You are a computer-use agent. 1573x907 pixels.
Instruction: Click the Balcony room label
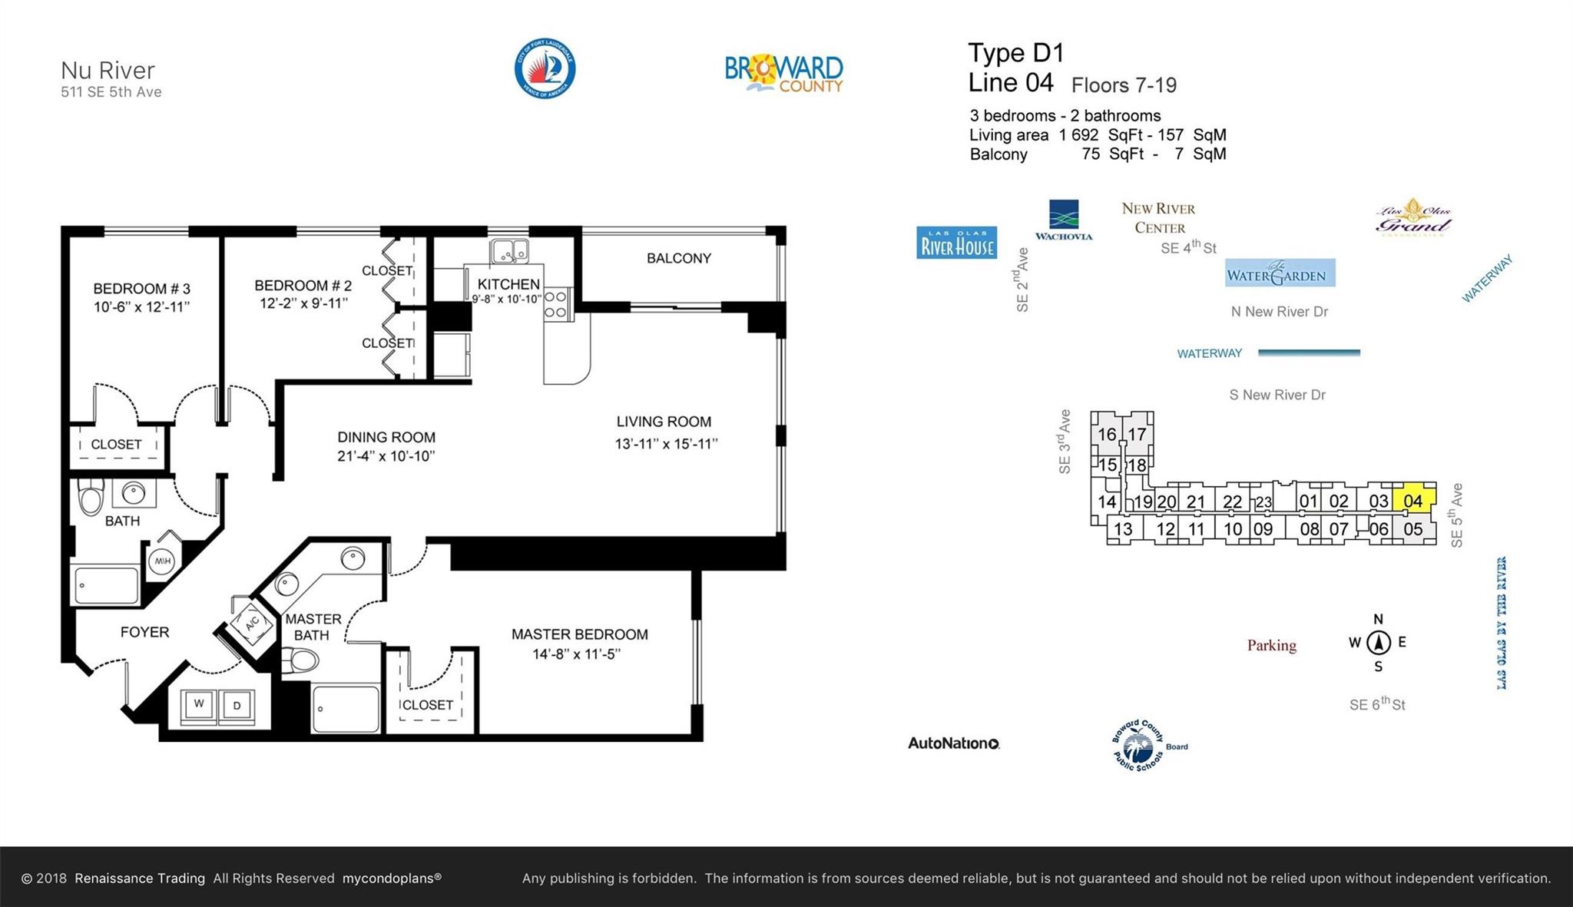tap(678, 259)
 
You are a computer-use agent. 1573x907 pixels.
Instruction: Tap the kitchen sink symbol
tap(509, 250)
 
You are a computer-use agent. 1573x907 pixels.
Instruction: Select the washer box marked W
tap(199, 703)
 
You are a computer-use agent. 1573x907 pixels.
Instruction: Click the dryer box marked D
tap(237, 705)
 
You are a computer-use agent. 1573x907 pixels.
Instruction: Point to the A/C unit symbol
tap(252, 622)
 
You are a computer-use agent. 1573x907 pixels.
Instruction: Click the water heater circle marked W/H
tap(163, 561)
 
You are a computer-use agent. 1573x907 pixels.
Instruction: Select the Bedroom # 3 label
tap(141, 289)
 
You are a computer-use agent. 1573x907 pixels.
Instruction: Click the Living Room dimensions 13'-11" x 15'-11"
tap(665, 444)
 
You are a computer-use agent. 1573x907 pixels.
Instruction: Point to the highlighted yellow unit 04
tap(1413, 500)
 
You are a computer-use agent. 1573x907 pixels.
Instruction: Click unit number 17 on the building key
tap(1137, 435)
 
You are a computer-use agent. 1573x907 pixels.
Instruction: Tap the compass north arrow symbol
tap(1378, 642)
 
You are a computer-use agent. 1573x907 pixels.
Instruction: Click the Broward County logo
tap(783, 73)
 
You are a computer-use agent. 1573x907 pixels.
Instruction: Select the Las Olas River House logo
tap(956, 243)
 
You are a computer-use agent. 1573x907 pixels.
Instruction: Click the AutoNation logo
tap(953, 743)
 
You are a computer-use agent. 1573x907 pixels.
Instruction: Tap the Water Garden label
tap(1280, 273)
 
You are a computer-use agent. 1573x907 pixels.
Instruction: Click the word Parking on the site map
tap(1271, 645)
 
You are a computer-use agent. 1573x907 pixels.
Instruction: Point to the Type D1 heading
tap(1015, 53)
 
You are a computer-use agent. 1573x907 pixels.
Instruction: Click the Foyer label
tap(144, 632)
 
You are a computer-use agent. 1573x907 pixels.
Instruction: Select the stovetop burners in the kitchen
tap(556, 304)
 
